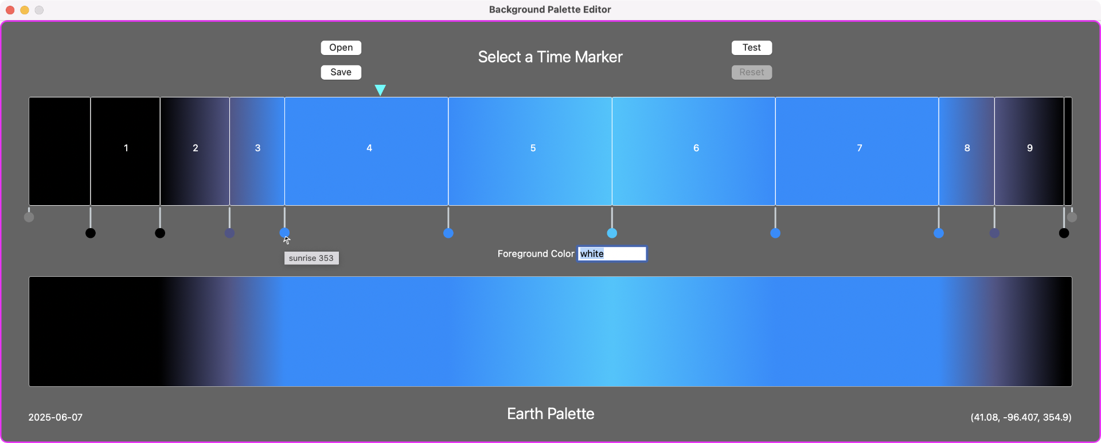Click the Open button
point(341,48)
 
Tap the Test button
point(751,48)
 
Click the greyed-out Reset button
point(751,72)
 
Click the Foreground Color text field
point(612,254)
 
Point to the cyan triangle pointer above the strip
point(380,89)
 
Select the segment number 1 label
point(126,148)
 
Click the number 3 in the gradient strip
point(257,148)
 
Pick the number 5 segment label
point(533,148)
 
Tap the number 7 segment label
point(859,148)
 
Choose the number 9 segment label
point(1030,148)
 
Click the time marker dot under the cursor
point(284,233)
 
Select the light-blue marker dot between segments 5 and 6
point(612,233)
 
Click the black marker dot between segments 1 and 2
point(160,233)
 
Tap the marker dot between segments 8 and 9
point(994,233)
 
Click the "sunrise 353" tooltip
point(311,258)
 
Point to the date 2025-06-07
point(56,417)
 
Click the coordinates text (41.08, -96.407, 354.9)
point(1021,417)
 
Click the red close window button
point(10,10)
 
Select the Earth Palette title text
point(550,414)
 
